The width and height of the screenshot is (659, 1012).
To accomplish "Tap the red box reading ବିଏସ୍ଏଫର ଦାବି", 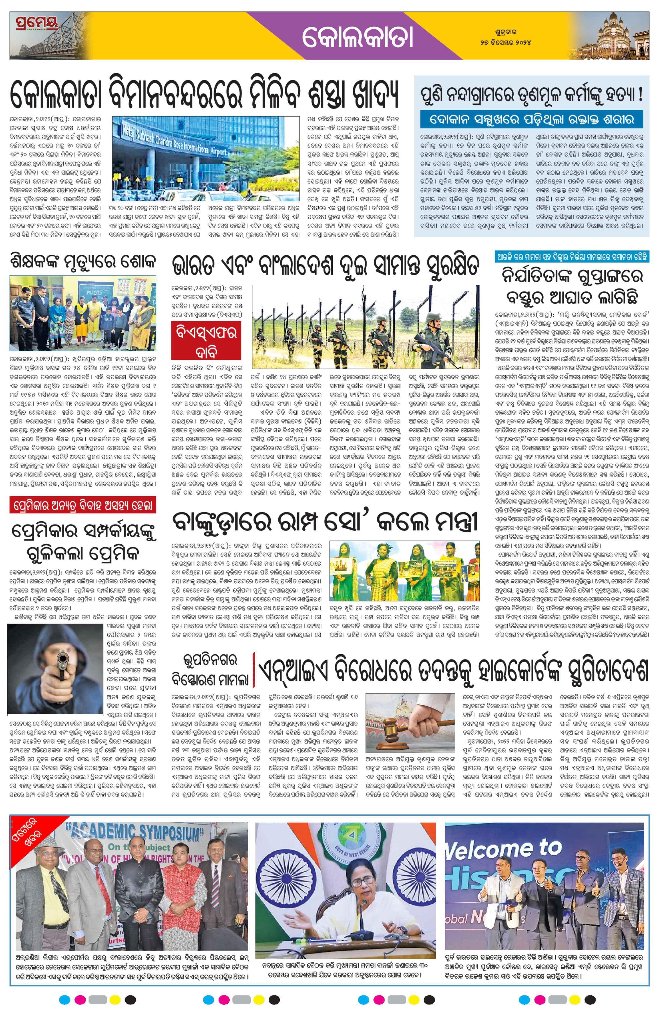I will coord(206,340).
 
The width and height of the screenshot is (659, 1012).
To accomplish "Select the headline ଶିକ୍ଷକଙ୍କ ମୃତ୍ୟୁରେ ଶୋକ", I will coord(83,261).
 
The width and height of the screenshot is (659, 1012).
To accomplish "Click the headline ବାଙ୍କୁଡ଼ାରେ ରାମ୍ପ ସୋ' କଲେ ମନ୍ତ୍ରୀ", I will coord(325,522).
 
